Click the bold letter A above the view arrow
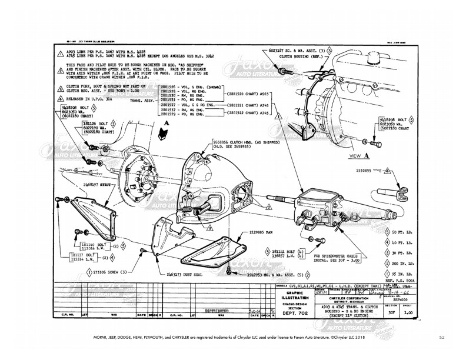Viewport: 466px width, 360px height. (x=168, y=123)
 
